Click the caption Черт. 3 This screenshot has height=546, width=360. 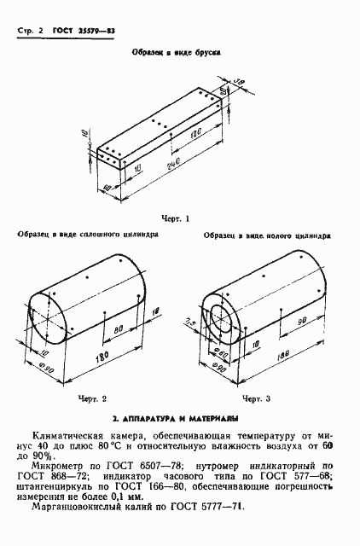255,398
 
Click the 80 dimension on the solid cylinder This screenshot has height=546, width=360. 119,327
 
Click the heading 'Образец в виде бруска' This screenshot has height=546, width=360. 176,52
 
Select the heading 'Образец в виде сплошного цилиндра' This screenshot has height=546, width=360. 86,233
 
